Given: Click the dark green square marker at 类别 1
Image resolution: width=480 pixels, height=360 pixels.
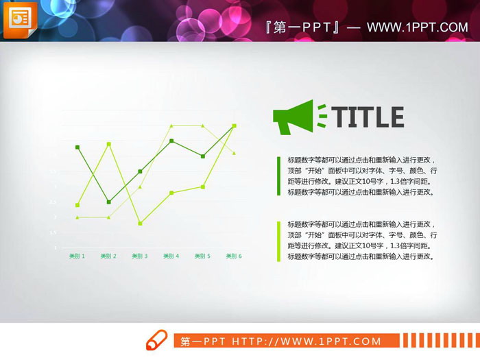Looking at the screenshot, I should coord(77,147).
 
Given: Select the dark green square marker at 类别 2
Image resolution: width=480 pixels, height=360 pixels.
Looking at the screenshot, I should coord(108,202).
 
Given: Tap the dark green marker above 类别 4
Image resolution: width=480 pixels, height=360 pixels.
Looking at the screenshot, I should coord(171,141).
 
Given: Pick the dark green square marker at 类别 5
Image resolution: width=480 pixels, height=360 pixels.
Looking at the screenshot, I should coord(203,156).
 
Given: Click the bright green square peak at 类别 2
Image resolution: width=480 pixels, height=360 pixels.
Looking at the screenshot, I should coord(108,144).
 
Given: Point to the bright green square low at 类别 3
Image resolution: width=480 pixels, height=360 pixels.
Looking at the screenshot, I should coord(140,224).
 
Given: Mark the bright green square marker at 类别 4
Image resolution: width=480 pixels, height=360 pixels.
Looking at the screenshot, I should coord(171,193).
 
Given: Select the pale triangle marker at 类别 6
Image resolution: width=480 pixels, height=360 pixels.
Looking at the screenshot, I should coord(234,153).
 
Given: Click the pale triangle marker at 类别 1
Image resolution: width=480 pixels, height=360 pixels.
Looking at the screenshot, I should coord(77,217).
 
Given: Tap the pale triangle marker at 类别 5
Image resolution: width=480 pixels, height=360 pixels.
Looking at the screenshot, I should coord(203,125).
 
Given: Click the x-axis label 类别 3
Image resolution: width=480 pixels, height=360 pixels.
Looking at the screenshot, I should coord(140,256).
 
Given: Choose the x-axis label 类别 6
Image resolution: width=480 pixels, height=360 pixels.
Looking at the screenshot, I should coord(234,256).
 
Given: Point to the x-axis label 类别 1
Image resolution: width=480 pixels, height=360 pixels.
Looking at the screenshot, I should coord(77,256).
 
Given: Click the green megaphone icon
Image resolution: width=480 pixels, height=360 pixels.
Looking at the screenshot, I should coord(293,117).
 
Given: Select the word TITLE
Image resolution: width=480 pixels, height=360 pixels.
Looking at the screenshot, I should coord(369,117).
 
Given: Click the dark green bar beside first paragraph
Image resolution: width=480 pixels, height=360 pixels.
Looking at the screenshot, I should coord(278,176).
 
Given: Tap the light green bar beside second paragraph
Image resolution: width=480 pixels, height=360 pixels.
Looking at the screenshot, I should coord(278,241).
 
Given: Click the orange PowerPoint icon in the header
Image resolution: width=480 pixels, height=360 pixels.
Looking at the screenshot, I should coord(20,20).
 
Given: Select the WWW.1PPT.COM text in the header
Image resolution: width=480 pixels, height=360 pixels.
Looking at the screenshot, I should coord(417,27).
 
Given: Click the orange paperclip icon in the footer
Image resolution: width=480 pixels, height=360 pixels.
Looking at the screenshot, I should coord(156,339).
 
